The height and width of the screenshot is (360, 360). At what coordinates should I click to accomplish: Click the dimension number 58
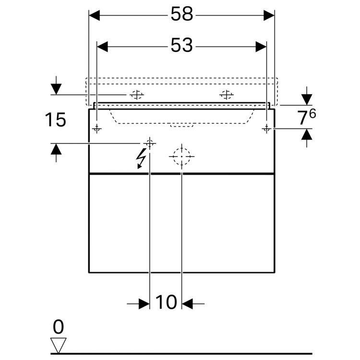182,14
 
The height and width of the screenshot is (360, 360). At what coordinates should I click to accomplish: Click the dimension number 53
181,45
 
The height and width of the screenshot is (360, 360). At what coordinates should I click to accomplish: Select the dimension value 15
56,120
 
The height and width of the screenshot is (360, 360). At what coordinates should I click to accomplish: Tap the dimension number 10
166,302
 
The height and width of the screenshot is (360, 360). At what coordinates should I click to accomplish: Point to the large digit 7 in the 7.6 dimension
302,118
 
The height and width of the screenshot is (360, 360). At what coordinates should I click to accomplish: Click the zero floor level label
58,327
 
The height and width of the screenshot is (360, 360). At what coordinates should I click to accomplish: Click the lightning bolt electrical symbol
141,158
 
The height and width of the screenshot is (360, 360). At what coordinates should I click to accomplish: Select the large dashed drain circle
181,156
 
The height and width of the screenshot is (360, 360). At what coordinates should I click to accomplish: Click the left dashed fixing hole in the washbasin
137,95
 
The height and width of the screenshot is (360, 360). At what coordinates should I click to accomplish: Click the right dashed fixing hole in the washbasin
227,95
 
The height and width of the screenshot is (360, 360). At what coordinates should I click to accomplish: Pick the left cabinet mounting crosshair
97,129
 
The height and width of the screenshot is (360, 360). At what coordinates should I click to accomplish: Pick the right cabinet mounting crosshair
266,129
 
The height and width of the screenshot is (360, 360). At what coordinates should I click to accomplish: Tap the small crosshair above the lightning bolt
150,144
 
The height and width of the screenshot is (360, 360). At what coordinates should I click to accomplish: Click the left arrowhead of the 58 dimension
95,15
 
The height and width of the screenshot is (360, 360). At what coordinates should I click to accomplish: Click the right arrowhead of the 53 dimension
261,47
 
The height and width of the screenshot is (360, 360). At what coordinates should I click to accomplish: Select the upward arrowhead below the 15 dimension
56,149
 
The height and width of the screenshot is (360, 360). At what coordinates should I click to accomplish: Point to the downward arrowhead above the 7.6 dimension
307,99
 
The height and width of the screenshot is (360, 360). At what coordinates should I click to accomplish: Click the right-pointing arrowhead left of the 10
144,304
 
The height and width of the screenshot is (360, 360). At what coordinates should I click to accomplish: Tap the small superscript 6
312,113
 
